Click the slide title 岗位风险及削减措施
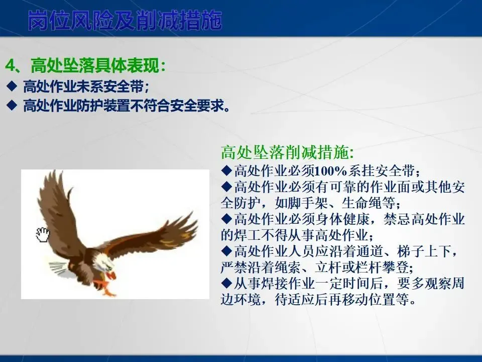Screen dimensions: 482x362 [125, 21]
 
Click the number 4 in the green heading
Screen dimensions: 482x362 [11, 65]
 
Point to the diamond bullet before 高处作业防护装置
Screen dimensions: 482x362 [12, 105]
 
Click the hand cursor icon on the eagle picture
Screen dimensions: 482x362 [42, 235]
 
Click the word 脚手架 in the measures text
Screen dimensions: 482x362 [295, 203]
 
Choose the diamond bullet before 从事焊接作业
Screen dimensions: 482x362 [226, 283]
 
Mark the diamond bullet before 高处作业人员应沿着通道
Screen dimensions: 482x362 [226, 251]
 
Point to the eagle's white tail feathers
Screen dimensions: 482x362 [58, 268]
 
